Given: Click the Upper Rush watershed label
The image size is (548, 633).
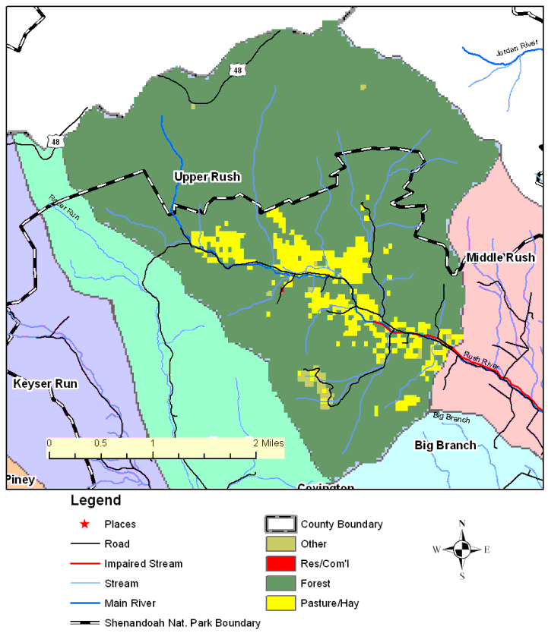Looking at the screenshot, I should [x=207, y=177].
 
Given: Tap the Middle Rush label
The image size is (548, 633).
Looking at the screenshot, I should [x=500, y=257].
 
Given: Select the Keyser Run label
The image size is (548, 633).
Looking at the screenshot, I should [x=45, y=384].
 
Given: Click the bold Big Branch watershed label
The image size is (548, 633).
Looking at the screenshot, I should [x=445, y=445].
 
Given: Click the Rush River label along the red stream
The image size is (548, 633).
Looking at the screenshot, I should [x=480, y=360].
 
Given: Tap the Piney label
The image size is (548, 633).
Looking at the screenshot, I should [x=20, y=479].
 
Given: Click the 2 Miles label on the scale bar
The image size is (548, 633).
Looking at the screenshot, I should [x=268, y=442].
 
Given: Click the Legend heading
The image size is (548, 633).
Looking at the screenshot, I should [x=95, y=501].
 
